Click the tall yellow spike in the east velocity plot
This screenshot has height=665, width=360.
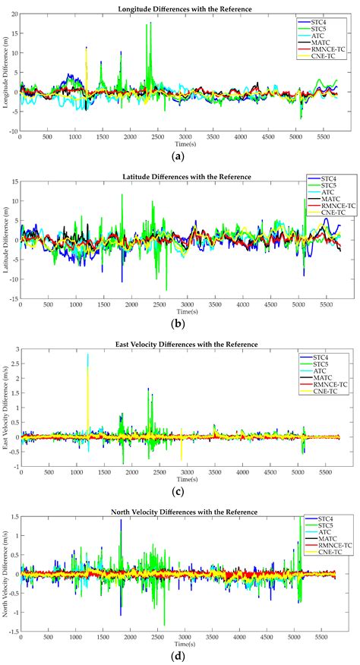[87, 357]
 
